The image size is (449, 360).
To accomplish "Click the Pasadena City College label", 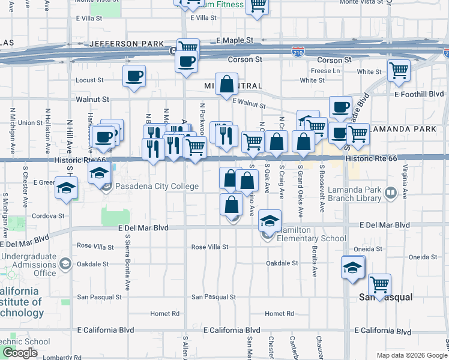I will point(157,186).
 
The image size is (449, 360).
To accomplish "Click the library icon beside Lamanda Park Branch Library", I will point(391,193).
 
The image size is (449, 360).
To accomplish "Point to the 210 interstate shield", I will point(298,52).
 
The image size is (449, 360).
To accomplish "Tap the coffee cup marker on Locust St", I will point(134,76).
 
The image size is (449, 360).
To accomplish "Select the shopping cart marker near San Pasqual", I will point(379,284).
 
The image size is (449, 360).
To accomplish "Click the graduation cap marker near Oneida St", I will point(353,266).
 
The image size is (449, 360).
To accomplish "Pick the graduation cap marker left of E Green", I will point(65,188).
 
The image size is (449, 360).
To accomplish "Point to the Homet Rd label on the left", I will point(165,314).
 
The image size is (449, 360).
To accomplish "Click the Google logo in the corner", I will point(19,353).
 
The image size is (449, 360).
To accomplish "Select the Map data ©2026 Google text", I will point(411,355).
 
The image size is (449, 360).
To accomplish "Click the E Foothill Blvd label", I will point(420,94).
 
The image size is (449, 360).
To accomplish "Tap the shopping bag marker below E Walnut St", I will point(227,85).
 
